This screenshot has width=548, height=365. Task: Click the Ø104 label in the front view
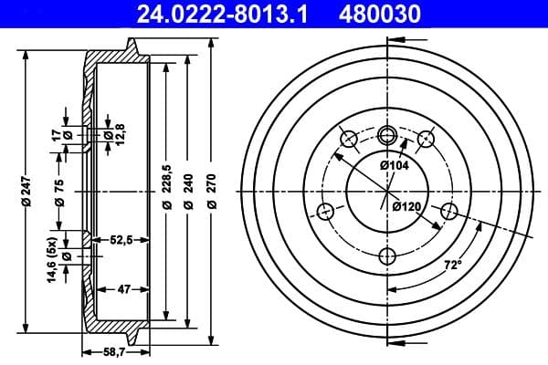(394, 164)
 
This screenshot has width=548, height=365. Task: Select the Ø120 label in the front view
(406, 207)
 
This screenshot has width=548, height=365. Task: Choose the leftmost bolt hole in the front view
(324, 212)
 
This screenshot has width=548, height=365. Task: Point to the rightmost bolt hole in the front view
(448, 212)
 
